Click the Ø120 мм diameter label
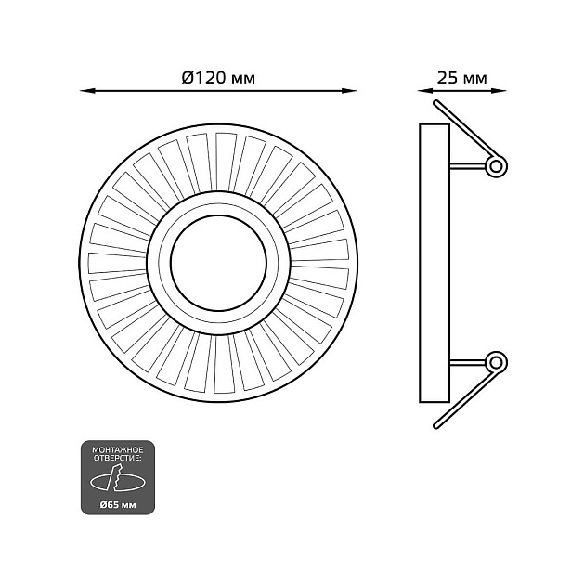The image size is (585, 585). [218, 78]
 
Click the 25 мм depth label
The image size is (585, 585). [461, 78]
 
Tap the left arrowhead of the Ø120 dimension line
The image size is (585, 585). [87, 91]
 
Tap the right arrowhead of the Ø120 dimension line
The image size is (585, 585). [349, 91]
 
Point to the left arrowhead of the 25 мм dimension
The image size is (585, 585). [425, 91]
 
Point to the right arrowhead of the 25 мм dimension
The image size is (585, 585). [499, 91]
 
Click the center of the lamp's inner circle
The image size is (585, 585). [218, 263]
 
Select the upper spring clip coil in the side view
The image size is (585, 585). [497, 166]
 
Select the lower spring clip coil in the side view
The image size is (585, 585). [497, 362]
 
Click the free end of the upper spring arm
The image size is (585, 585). [435, 102]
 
